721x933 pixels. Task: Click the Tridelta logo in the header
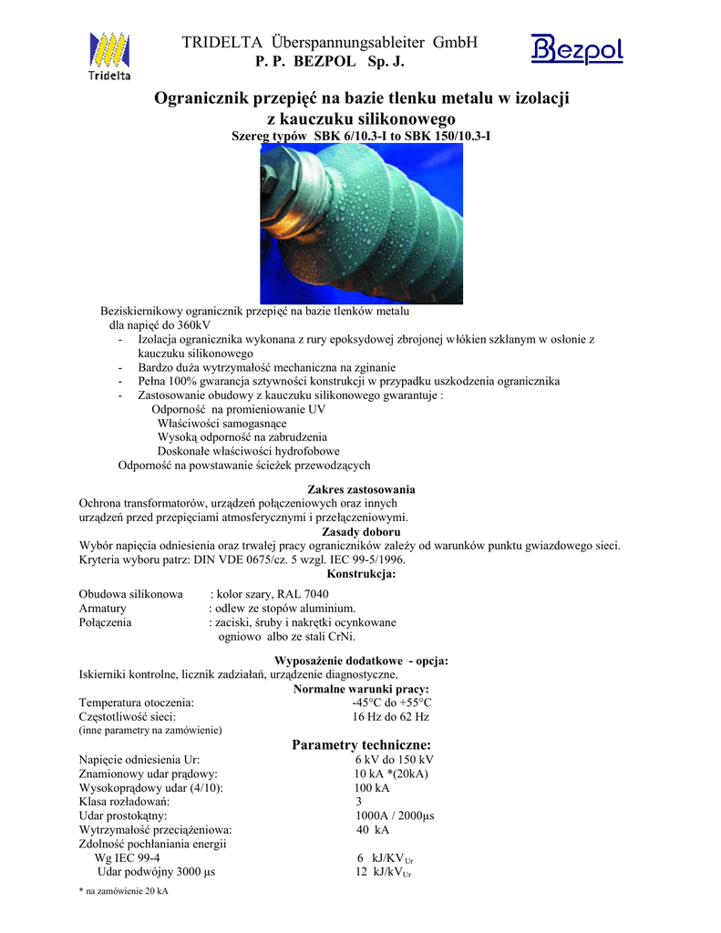108,56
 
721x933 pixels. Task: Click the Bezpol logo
576,48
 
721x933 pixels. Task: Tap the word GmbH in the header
455,42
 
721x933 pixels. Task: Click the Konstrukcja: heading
361,574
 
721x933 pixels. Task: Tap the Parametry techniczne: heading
355,745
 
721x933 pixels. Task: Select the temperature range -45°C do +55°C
392,702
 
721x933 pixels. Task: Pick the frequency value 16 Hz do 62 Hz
390,716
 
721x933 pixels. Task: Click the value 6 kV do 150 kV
394,760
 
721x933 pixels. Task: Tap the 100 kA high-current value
372,787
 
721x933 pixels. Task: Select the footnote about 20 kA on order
124,891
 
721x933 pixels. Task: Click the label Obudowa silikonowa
131,594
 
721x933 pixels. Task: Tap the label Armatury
102,608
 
